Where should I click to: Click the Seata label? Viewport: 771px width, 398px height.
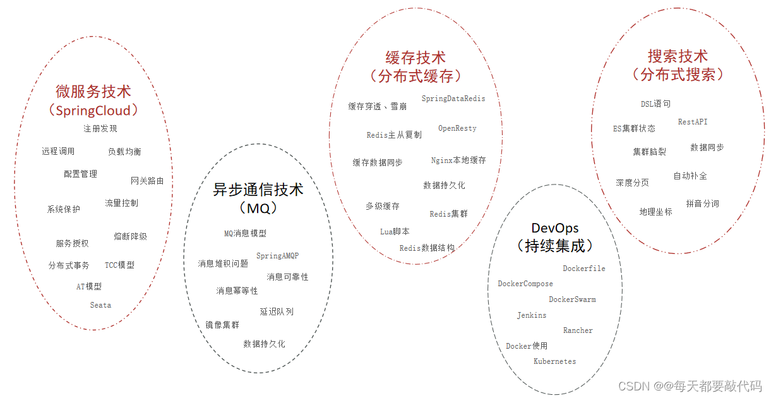point(100,305)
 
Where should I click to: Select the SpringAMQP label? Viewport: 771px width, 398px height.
point(277,256)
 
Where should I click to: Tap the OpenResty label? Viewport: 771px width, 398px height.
point(457,128)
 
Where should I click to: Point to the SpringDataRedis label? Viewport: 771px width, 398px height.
point(453,99)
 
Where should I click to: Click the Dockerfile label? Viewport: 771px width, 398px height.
point(583,268)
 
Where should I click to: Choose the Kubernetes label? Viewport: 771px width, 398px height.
point(554,361)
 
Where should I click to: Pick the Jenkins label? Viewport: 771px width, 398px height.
point(532,315)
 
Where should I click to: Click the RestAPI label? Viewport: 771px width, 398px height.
point(693,121)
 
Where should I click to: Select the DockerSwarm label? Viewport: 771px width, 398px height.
point(572,299)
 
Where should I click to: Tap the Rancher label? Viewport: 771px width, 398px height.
point(578,330)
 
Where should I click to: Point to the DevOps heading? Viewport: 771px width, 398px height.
point(554,228)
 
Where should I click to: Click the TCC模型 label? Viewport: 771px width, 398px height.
point(119,265)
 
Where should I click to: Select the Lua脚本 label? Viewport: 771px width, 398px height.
point(395,232)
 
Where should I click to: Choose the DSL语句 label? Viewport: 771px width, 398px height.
point(655,104)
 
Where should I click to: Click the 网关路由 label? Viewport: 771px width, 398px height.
point(147,181)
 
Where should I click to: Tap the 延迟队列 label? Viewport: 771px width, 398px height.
point(277,311)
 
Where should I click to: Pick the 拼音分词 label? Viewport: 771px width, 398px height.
point(702,203)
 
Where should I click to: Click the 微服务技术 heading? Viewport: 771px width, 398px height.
point(93,92)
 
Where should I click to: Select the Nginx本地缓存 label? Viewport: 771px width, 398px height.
point(458,160)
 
